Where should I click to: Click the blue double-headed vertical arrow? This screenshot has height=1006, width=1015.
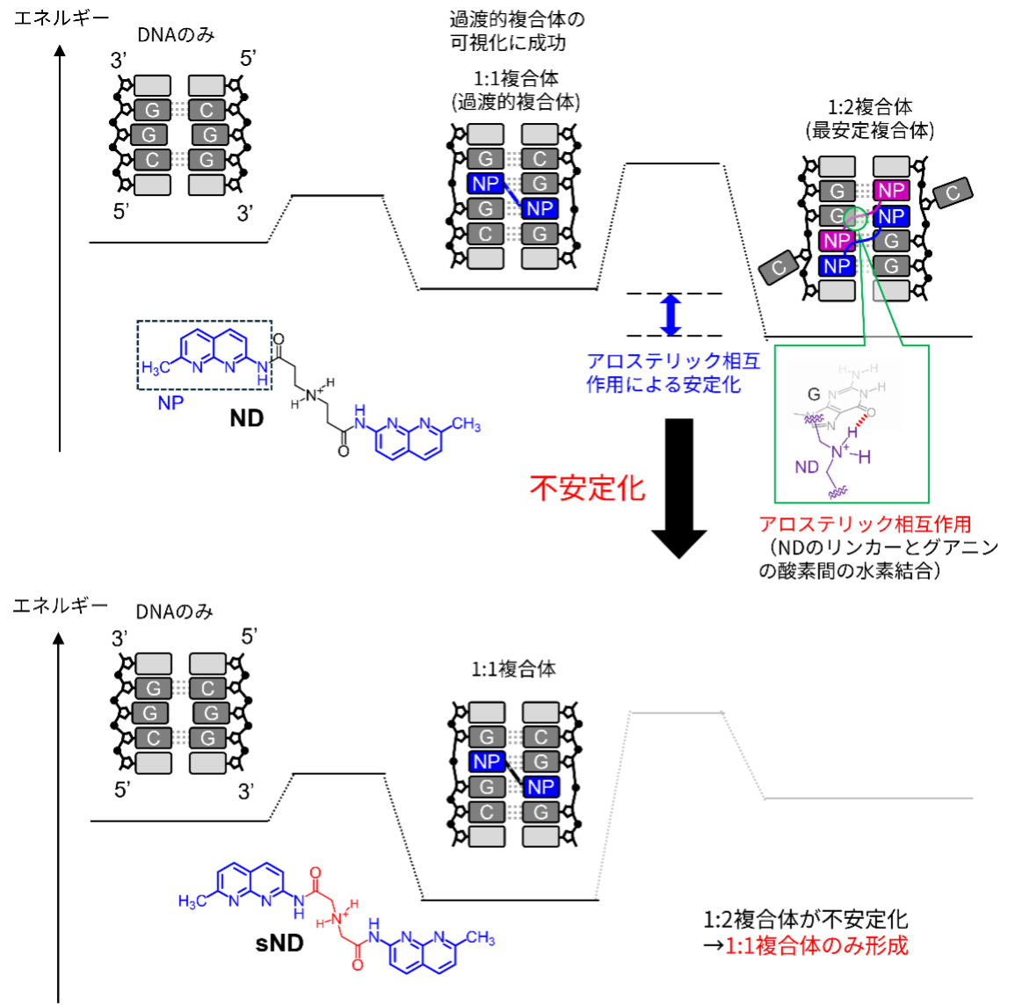point(671,315)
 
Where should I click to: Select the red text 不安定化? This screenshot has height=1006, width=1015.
point(587,488)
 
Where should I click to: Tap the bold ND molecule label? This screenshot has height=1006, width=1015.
point(247,418)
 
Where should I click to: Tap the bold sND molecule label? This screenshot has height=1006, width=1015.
point(279,944)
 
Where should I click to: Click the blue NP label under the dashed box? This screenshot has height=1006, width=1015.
point(170,403)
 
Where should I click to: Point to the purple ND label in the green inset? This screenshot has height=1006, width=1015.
point(807,467)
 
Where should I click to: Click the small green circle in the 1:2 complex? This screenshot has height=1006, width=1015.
point(856,219)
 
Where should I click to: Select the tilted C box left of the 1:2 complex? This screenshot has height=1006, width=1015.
point(780,267)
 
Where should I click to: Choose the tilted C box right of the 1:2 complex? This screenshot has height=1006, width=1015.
point(953,192)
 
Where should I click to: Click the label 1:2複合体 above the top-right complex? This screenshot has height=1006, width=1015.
point(870,107)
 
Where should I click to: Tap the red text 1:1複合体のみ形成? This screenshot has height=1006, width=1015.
point(816,945)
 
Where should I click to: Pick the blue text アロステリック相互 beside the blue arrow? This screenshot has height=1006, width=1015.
point(673,360)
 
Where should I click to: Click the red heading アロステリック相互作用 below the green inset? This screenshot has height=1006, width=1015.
point(865,524)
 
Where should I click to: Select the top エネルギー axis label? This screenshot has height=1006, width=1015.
point(61,18)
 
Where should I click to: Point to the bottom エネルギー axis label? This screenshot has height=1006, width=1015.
point(61,606)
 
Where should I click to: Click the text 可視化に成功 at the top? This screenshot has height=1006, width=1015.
point(508,43)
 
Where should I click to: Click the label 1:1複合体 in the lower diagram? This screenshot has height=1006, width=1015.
point(513,669)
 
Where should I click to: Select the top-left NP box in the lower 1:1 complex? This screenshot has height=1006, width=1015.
point(487,761)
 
